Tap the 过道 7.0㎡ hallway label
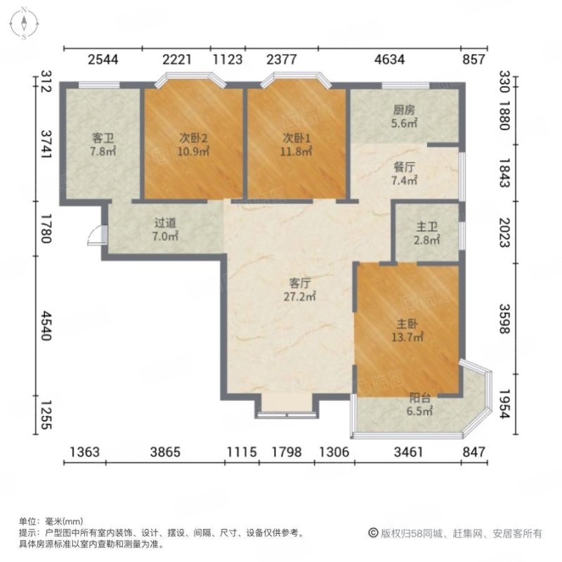[x=166, y=230]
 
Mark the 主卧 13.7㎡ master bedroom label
[x=407, y=332]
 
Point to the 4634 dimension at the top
[x=389, y=60]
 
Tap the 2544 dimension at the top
[x=103, y=60]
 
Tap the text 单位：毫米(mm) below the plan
[x=51, y=522]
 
